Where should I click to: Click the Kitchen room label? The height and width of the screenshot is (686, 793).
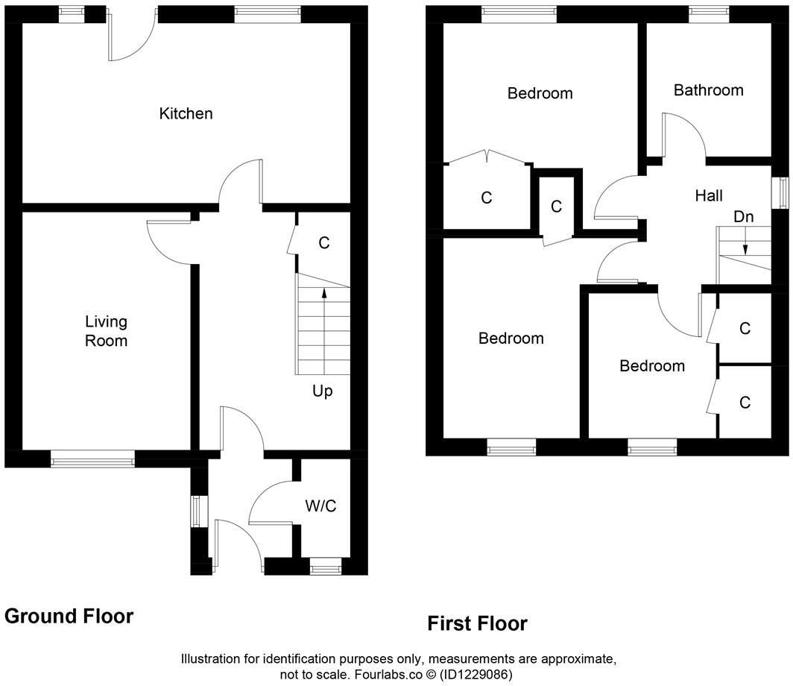[x=186, y=113]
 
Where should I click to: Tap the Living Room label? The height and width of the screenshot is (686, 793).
[x=106, y=331]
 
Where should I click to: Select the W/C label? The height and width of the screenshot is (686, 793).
[x=320, y=506]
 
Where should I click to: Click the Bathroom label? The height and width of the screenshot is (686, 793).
[x=708, y=90]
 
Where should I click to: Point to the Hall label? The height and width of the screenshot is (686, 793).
[x=708, y=196]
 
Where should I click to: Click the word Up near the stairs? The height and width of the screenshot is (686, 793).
[x=322, y=391]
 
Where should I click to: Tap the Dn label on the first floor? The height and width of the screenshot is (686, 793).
[x=743, y=217]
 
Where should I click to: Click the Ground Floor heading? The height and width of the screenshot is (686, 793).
[x=69, y=616]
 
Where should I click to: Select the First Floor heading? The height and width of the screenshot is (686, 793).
[x=477, y=623]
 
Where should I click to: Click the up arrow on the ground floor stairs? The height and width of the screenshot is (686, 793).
[x=323, y=293]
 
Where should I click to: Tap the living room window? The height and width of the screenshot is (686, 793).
[x=92, y=459]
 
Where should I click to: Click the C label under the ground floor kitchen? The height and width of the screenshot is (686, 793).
[x=323, y=242]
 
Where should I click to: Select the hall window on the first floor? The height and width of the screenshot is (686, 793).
[x=782, y=194]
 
